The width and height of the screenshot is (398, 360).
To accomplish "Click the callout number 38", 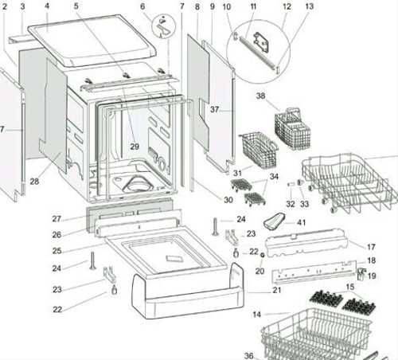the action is click(260, 96).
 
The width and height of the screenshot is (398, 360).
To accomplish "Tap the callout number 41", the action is click(301, 222).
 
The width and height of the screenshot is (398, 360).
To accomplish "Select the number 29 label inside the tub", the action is click(135, 147).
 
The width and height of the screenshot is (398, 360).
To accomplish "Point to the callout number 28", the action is click(34, 182).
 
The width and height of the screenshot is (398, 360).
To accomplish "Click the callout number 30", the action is click(228, 200).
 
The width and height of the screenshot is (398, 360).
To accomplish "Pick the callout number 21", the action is click(277, 290).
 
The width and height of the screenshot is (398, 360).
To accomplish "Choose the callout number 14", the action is click(256, 315).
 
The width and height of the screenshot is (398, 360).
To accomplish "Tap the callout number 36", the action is click(249, 355).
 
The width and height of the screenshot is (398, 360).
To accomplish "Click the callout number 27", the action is click(57, 219).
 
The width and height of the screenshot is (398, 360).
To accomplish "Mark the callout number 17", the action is click(371, 247).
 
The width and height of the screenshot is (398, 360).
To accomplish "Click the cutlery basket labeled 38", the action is click(293, 128).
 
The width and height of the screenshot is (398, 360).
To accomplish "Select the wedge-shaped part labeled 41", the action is click(274, 221).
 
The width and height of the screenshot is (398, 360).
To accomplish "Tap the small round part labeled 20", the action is click(263, 255).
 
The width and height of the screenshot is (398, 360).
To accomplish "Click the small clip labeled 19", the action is click(361, 274).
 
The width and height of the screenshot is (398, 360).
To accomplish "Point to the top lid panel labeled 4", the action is click(92, 41).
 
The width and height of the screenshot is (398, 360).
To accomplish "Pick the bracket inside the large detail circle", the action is click(262, 41).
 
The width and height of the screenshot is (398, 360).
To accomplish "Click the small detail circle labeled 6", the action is click(164, 26).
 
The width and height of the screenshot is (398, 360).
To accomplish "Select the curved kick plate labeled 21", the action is click(188, 292).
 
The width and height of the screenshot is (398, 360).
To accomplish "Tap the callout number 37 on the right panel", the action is click(214, 109).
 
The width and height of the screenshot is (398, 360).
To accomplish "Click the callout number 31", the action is click(237, 173).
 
